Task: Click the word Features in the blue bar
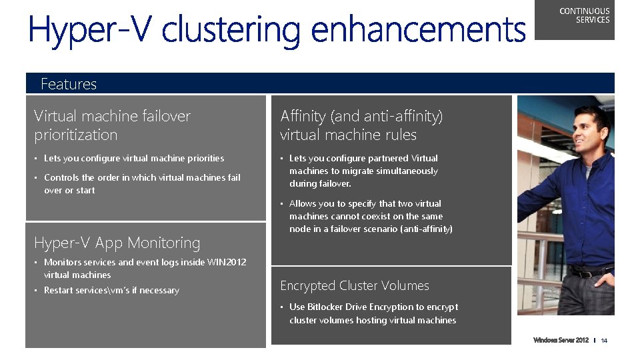click(x=69, y=84)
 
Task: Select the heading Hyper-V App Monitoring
click(x=117, y=243)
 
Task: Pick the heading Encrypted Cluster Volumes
click(x=355, y=285)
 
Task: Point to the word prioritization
click(x=76, y=135)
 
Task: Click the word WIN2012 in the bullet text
click(x=226, y=262)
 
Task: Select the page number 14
click(x=604, y=341)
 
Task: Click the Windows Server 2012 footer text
click(x=561, y=341)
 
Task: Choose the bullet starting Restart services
click(x=111, y=291)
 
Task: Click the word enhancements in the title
click(x=418, y=30)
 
